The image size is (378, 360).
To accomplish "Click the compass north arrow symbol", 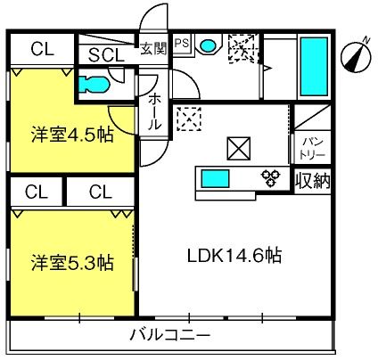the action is point(356,56).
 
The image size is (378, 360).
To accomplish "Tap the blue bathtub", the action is point(315,66).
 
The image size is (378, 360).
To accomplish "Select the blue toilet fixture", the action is point(94,85).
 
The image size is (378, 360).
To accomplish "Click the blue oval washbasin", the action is point(208,45).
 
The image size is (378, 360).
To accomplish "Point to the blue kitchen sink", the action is point(216,178).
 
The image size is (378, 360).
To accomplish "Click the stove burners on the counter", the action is point(270,177).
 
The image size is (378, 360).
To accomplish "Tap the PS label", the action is point(182,44).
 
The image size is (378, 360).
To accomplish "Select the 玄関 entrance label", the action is point(153,48).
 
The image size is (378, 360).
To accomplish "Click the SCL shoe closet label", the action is point(106,55).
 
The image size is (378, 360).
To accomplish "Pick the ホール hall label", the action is point(154,112).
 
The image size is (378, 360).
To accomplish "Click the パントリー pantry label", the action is point(313,149).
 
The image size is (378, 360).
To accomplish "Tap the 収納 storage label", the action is point(313,181).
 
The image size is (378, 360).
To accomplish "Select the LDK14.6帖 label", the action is point(234,256).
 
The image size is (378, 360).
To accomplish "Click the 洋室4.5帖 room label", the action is point(72,135).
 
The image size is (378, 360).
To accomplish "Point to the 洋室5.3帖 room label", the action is point(72,263).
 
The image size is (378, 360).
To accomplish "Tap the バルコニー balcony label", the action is point(170,335).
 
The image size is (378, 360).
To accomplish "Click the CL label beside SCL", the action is point(43,49).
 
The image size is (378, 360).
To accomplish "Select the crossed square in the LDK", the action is point(239,149).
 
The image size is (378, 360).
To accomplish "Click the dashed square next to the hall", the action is point(189,119).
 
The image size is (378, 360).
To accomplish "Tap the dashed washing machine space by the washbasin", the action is point(243,48).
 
